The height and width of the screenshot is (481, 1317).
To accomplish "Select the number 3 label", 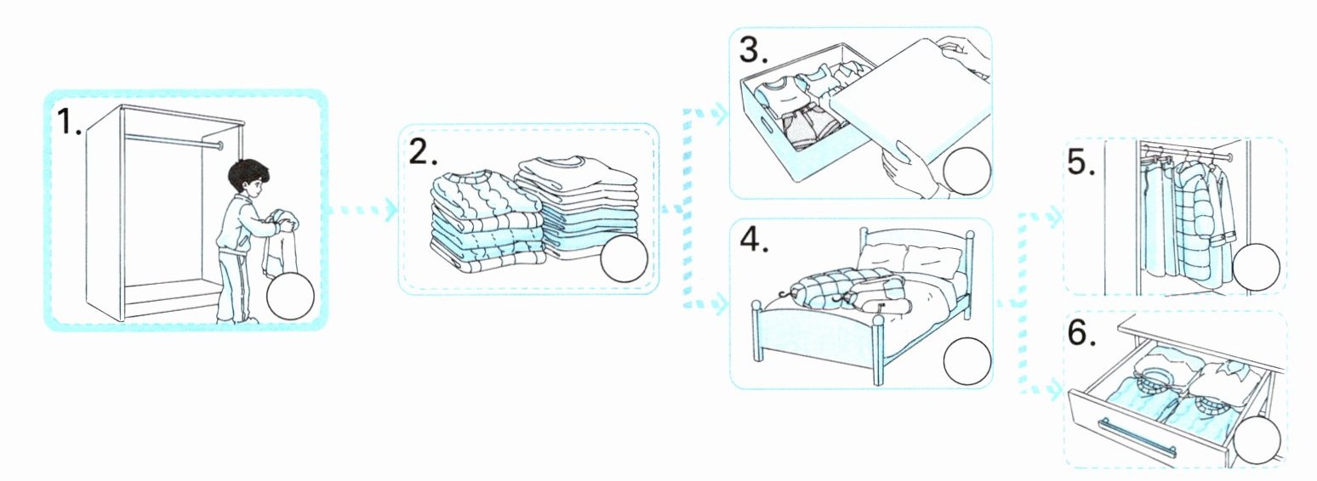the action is click(754, 50).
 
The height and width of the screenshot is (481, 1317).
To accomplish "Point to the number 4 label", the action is click(753, 239).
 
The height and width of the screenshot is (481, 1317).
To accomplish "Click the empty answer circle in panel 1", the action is click(290, 297).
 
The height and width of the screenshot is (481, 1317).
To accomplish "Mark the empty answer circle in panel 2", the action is click(624, 258).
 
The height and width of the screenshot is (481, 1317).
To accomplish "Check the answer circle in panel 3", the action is click(966, 170).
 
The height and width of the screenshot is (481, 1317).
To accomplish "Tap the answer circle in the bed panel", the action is click(967, 361).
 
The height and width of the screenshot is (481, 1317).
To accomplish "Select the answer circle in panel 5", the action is click(1256, 267).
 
